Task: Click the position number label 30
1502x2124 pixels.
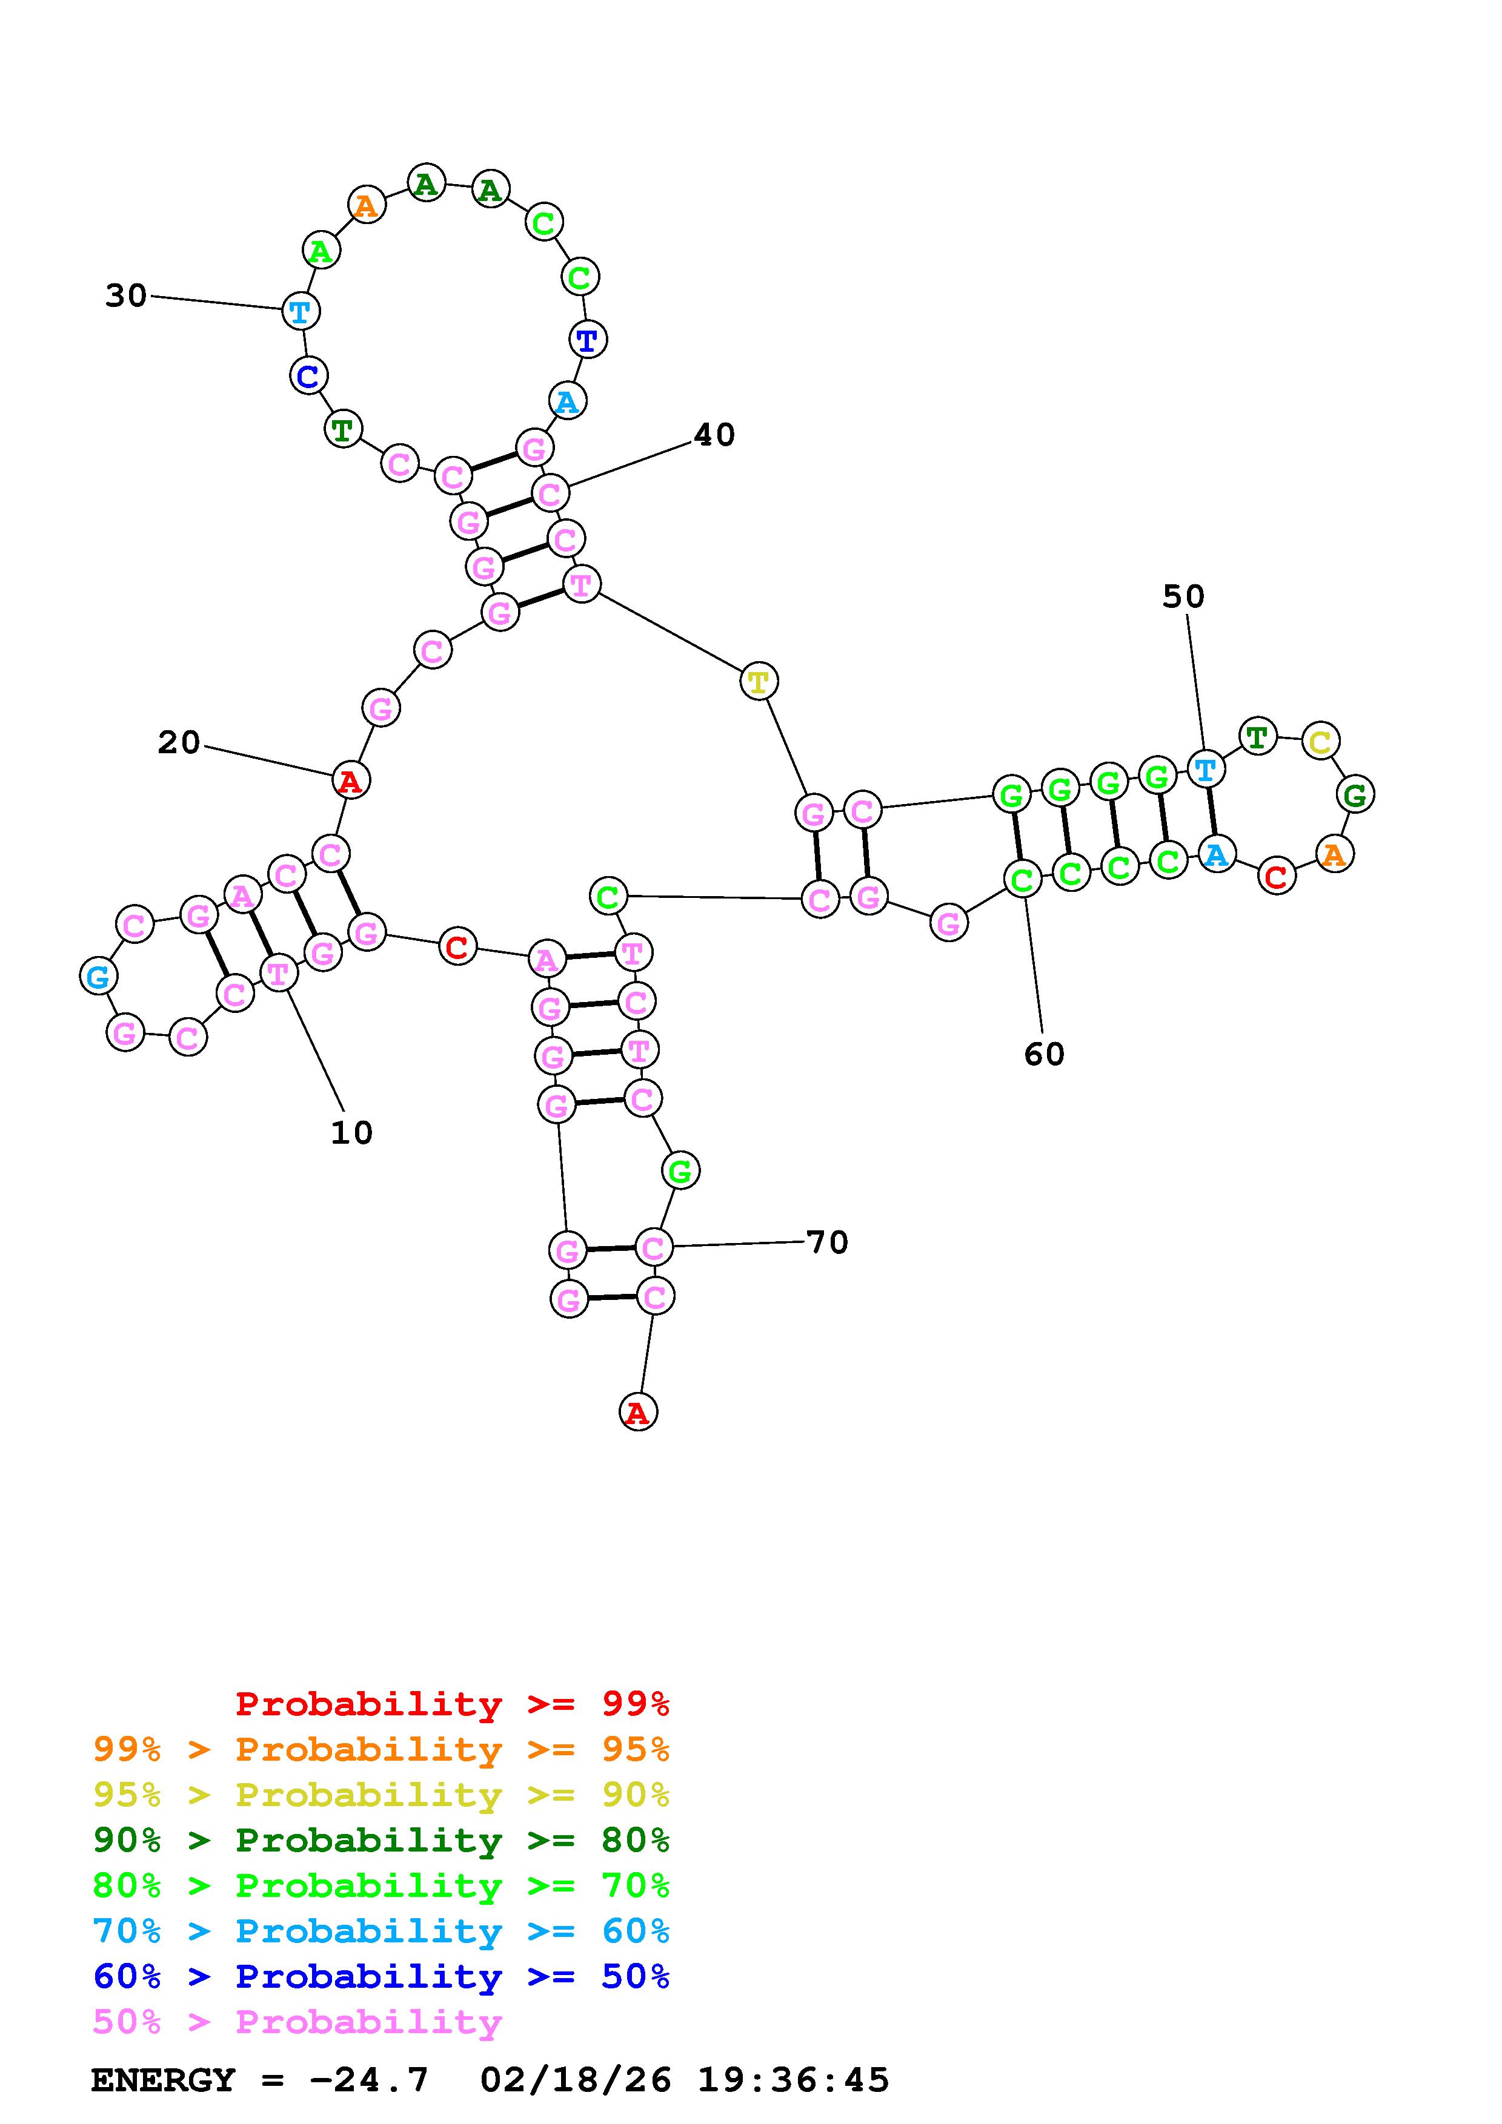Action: pyautogui.click(x=126, y=296)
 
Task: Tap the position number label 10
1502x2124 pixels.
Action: pyautogui.click(x=351, y=1132)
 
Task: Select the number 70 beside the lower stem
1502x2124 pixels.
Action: pyautogui.click(x=828, y=1242)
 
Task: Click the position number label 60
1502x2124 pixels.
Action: pyautogui.click(x=1044, y=1054)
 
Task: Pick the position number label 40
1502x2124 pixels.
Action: pyautogui.click(x=714, y=435)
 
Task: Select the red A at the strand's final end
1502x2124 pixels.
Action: pyautogui.click(x=637, y=1413)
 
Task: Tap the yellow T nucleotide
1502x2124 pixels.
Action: pyautogui.click(x=758, y=682)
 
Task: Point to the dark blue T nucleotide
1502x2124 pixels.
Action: pyautogui.click(x=587, y=340)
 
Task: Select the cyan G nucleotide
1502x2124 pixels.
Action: pyautogui.click(x=98, y=976)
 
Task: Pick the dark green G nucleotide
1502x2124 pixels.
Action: pyautogui.click(x=1355, y=794)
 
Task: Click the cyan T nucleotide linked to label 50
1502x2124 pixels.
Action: pyautogui.click(x=1205, y=769)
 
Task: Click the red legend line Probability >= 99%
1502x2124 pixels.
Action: pyautogui.click(x=453, y=1704)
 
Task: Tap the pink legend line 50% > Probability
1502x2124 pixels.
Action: pyautogui.click(x=297, y=2022)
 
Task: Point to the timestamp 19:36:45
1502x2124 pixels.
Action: pyautogui.click(x=793, y=2080)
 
